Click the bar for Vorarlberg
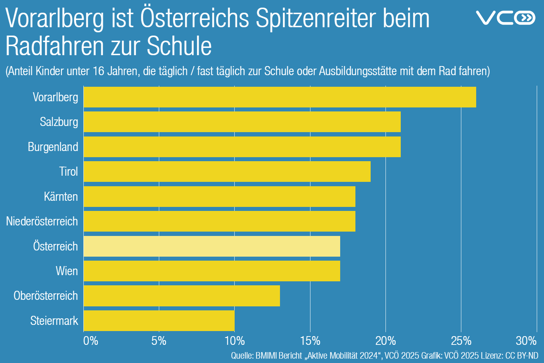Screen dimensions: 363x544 280,97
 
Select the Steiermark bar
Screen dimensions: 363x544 159,321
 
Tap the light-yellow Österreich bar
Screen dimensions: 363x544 212,246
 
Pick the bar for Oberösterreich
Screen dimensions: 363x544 182,296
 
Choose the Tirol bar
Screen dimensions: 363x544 227,171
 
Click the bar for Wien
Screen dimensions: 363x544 212,271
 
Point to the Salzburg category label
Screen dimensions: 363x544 59,122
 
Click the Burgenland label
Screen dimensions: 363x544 53,147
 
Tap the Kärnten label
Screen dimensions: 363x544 61,197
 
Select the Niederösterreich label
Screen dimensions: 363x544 42,221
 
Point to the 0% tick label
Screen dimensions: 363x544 91,341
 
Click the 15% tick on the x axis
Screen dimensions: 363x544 310,341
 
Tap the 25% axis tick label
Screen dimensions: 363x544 461,341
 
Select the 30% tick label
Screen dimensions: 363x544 526,341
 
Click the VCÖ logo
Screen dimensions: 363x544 505,17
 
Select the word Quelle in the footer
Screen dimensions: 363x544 242,355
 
